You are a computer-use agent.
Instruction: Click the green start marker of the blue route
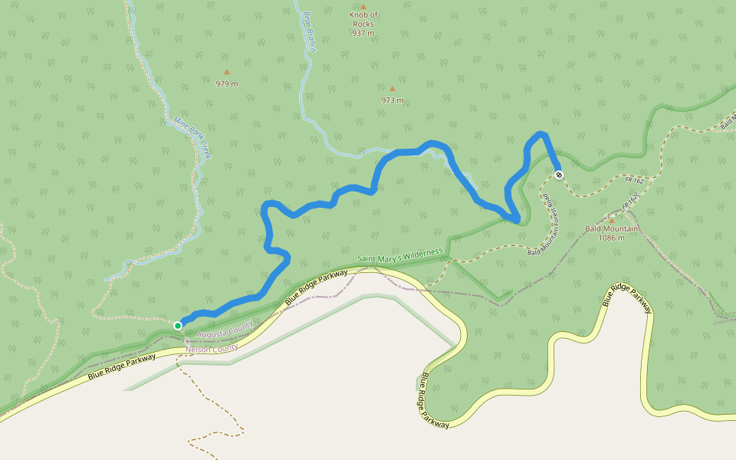coord(178,326)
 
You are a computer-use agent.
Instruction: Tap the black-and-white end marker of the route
coord(559,175)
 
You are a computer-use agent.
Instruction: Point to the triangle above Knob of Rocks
coord(363,6)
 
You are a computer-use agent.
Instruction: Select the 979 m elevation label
coord(226,84)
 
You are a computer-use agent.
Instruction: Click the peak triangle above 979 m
coord(226,72)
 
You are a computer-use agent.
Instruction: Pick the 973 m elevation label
coord(392,100)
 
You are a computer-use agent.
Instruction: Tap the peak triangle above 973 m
coord(392,88)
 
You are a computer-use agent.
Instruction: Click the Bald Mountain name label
coord(611,228)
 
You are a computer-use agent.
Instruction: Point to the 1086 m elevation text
coord(611,238)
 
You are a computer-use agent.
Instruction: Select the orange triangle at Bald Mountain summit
coord(611,220)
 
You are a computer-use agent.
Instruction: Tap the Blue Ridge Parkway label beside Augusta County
coord(316,287)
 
